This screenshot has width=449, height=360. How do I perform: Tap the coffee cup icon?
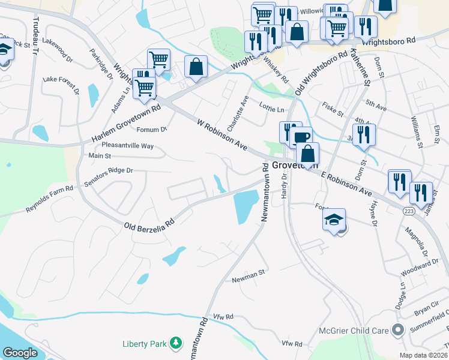(302, 137)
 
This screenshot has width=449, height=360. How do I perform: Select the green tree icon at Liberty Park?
(176, 343)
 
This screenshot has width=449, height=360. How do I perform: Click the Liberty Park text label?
(144, 343)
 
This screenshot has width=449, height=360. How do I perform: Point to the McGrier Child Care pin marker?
(396, 329)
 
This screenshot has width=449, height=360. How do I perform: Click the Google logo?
(20, 353)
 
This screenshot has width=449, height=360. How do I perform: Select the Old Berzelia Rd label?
(149, 223)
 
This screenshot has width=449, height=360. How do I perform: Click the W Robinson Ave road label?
(222, 134)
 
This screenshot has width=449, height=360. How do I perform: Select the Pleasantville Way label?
(127, 146)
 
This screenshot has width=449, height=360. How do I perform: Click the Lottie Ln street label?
(272, 110)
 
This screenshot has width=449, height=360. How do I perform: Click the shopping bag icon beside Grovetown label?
(307, 154)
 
